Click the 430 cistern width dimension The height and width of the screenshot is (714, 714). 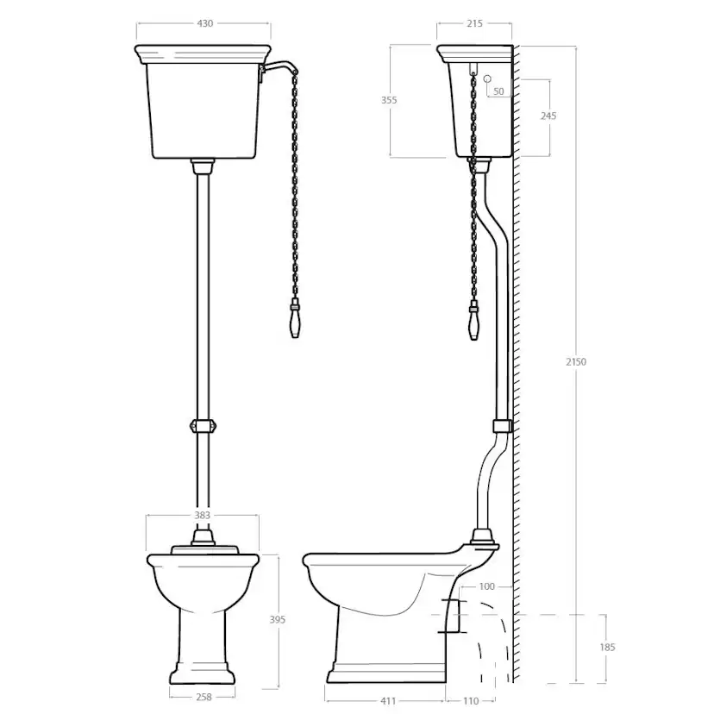point(204,23)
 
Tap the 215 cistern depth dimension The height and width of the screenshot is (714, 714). point(474,23)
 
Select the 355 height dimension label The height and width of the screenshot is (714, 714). point(389,100)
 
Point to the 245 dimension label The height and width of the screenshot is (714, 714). point(548,116)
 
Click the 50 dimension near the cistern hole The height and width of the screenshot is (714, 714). point(498,91)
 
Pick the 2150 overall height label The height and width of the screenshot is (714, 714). point(576,362)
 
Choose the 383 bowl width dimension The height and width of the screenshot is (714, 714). point(202,515)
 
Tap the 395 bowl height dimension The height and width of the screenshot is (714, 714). point(278,620)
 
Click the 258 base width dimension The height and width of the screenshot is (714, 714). point(204,697)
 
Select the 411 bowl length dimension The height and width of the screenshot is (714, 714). point(387,701)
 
